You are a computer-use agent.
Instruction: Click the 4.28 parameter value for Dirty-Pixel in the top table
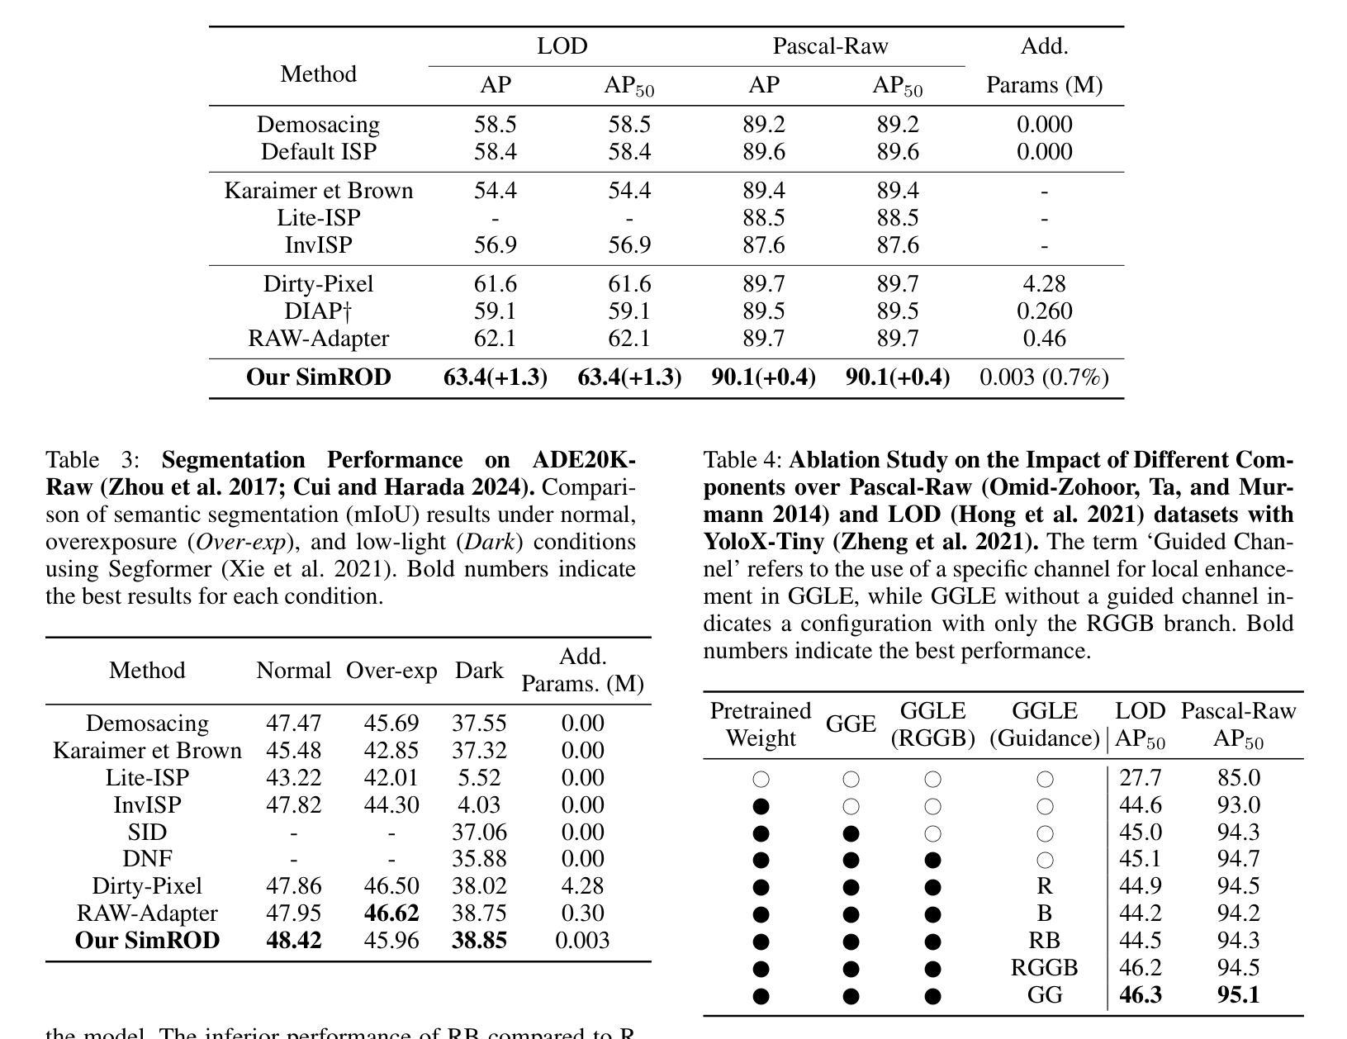(x=1044, y=284)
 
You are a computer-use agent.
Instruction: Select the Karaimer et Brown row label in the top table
(x=318, y=191)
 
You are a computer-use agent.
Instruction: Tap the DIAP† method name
(x=318, y=311)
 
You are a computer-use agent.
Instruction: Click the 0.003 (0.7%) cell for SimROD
(x=1044, y=377)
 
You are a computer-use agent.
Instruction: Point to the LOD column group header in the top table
(x=562, y=46)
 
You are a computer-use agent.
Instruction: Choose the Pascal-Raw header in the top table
(x=830, y=46)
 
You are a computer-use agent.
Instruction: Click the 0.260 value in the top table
(x=1044, y=311)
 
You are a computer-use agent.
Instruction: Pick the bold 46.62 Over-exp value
(x=391, y=913)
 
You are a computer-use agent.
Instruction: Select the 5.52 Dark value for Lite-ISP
(x=479, y=778)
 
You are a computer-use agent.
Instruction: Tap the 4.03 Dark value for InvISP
(x=479, y=805)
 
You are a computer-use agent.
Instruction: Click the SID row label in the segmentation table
(x=147, y=833)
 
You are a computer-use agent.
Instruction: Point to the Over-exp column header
(x=391, y=671)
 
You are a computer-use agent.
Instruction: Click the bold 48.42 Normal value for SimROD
(x=293, y=941)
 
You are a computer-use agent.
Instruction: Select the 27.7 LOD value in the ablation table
(x=1140, y=778)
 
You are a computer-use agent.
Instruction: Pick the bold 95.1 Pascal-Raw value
(x=1238, y=995)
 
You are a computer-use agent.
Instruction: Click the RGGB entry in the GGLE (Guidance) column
(x=1044, y=968)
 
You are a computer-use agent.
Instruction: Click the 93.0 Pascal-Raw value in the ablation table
(x=1238, y=805)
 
